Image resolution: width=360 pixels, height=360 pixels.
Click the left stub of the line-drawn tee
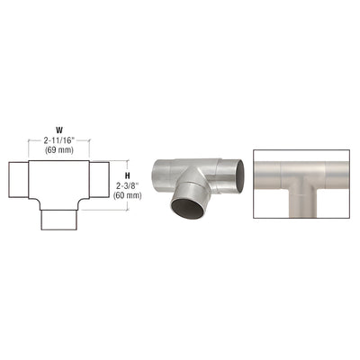[x=18, y=180]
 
